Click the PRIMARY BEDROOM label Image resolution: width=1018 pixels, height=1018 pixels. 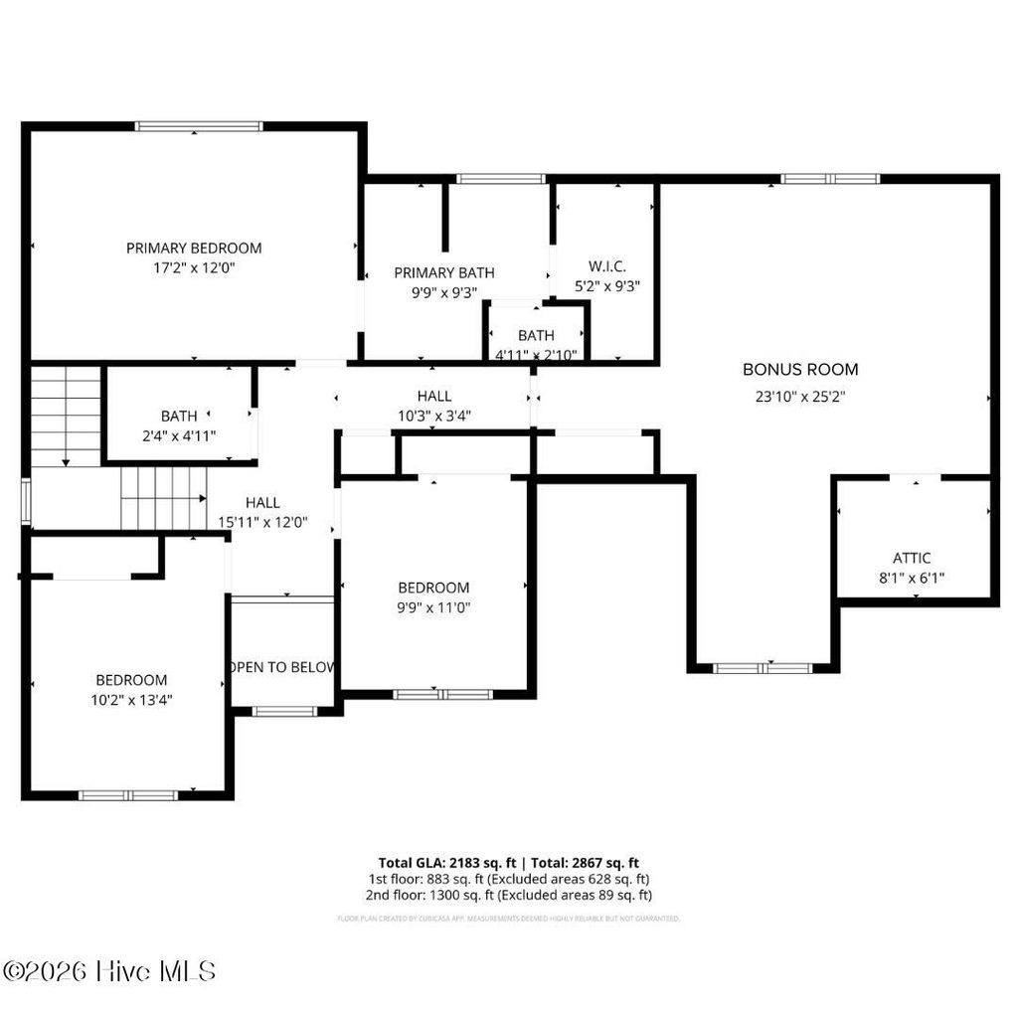click(x=194, y=248)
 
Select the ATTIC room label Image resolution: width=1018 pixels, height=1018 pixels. click(x=912, y=558)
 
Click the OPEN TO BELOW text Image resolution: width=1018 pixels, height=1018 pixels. click(x=282, y=667)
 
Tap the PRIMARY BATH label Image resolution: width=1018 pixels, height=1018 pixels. click(x=443, y=272)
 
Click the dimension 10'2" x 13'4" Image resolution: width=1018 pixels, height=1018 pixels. click(x=131, y=699)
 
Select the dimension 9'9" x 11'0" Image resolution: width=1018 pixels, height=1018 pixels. click(x=433, y=606)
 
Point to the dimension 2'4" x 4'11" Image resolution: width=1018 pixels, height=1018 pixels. click(x=179, y=434)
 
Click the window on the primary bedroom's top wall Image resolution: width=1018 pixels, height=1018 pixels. click(x=199, y=126)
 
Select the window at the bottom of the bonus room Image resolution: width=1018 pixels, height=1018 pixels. click(x=763, y=668)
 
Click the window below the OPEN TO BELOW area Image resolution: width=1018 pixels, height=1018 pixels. click(x=284, y=711)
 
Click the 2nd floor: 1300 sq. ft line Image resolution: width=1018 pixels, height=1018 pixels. click(x=509, y=895)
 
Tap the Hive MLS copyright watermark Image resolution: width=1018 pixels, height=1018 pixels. click(x=109, y=971)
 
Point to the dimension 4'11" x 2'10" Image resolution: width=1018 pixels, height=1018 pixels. click(x=536, y=354)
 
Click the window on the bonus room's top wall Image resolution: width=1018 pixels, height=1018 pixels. click(x=829, y=179)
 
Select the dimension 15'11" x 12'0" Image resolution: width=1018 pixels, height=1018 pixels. click(x=262, y=521)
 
